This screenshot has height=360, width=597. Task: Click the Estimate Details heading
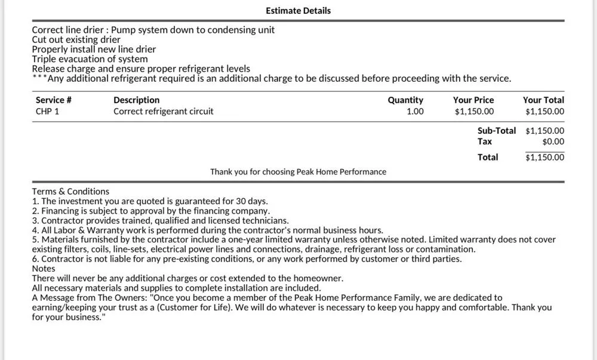click(x=298, y=11)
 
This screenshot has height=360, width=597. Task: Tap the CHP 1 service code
click(x=47, y=112)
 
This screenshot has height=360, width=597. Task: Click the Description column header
click(x=136, y=100)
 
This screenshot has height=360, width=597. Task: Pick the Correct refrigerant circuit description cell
click(x=163, y=112)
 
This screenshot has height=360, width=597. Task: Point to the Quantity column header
click(x=405, y=100)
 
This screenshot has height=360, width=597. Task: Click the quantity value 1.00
click(x=415, y=112)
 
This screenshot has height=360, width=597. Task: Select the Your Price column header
click(x=473, y=100)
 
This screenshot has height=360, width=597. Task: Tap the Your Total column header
click(x=543, y=100)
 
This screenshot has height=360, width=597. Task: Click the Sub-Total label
click(x=496, y=131)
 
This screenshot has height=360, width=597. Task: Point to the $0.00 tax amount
click(x=553, y=142)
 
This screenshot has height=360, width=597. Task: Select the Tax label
click(x=485, y=142)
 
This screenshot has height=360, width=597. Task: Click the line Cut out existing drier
click(x=76, y=40)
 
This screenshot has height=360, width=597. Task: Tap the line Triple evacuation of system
click(x=90, y=59)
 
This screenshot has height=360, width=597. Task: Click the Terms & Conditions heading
click(x=70, y=192)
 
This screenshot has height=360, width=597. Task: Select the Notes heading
click(x=44, y=269)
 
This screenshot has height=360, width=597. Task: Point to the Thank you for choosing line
click(x=298, y=172)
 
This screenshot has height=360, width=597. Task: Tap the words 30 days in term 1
click(x=250, y=201)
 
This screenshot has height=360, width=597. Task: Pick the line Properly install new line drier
click(x=94, y=50)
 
